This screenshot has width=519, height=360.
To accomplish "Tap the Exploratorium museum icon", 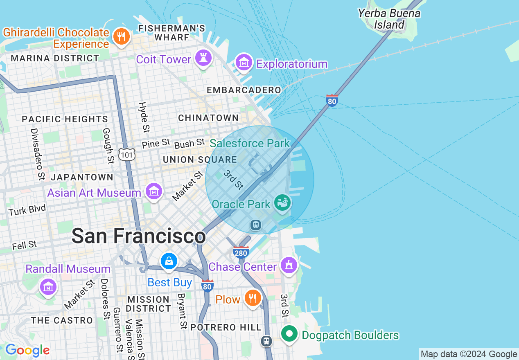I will point(244,62).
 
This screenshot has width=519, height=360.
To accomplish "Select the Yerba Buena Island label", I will point(388,19).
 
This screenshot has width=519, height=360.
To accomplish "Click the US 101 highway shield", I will point(126,154).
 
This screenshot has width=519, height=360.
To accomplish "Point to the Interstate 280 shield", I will point(241,252).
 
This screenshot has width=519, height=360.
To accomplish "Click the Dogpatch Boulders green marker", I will point(289,334).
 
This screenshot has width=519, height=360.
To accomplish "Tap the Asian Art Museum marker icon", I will point(154,191).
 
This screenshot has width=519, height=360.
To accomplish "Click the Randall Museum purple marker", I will point(48,287).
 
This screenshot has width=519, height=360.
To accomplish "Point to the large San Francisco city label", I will point(138,236).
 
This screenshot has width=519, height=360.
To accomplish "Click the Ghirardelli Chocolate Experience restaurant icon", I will point(121,37).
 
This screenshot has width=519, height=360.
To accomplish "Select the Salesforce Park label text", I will point(250,143).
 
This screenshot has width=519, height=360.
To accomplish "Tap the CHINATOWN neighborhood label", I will point(208,118).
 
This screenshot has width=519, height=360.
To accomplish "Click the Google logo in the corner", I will point(27,350).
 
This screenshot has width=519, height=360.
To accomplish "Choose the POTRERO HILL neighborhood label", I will point(226,327).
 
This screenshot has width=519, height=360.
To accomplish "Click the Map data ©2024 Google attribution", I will point(469,354).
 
